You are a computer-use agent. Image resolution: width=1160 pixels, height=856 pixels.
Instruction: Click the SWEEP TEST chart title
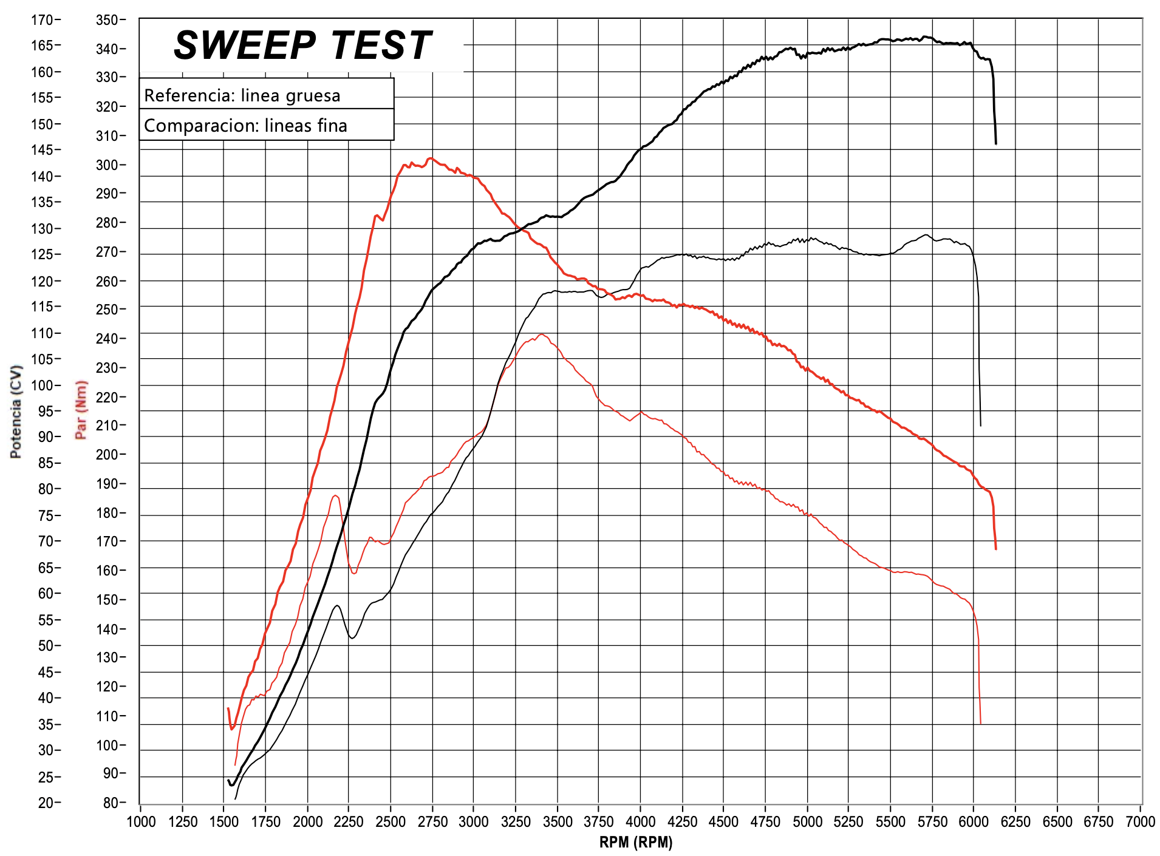302,46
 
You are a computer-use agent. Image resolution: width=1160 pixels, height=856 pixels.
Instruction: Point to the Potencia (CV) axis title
16,412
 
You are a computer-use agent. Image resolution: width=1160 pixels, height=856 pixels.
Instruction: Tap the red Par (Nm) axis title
81,410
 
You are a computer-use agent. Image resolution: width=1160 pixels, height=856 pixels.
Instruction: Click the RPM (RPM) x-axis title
636,842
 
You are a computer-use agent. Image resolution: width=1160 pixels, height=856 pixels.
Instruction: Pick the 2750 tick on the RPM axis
432,821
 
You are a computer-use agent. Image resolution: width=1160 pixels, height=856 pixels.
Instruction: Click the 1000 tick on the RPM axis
141,821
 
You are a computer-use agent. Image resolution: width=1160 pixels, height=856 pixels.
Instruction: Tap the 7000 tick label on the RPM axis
1140,821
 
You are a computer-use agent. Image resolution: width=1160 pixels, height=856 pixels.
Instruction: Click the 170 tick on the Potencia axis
43,20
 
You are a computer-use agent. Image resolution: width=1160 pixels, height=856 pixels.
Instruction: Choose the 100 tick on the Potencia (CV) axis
43,385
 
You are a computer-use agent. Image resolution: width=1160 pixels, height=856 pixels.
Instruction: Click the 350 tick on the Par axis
107,20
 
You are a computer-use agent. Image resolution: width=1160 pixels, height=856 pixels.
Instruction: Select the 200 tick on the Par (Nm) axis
107,454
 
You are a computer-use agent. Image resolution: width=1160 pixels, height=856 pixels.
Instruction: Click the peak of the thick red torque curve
430,159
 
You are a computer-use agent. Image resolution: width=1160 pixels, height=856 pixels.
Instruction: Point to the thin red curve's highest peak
541,335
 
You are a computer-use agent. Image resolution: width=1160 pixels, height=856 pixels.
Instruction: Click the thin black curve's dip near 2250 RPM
352,637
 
